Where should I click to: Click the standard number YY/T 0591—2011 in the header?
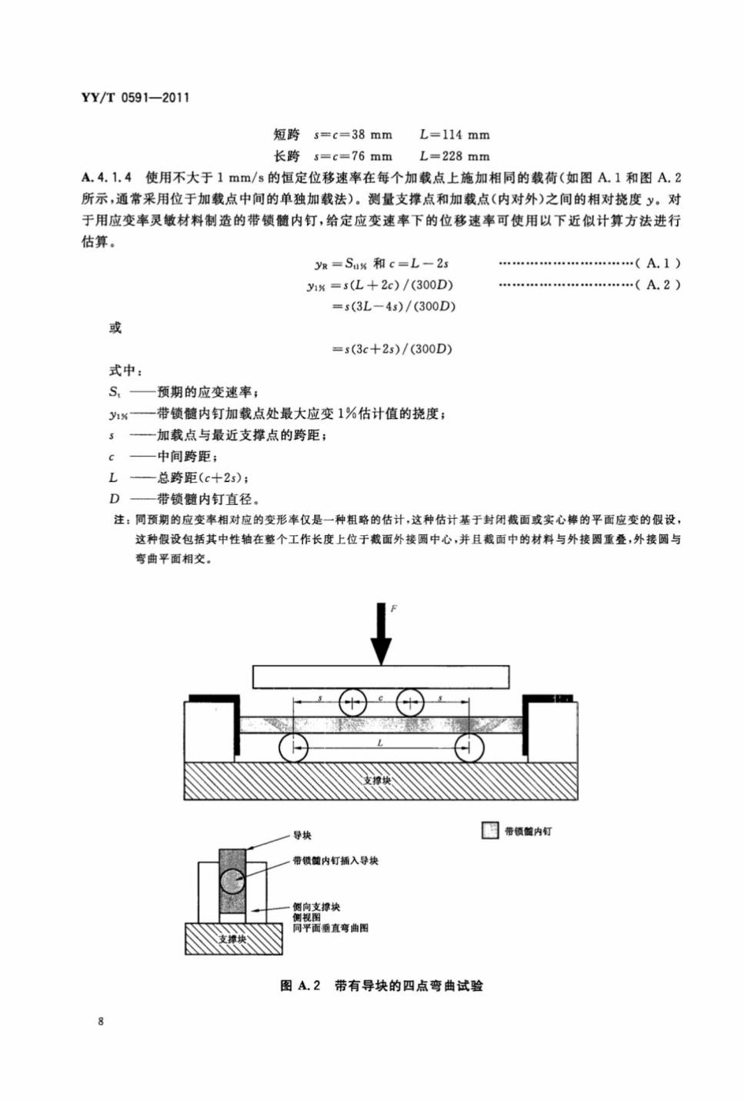pos(135,98)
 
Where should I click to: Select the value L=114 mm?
pos(455,135)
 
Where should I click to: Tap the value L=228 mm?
pos(455,156)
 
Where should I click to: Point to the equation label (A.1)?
pos(658,263)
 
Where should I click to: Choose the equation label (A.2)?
pos(658,284)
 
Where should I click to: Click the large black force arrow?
pos(381,633)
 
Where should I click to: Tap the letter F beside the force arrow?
pos(394,609)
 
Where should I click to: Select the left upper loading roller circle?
pos(352,702)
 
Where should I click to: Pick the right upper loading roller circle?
pos(410,702)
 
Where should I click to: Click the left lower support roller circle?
pos(293,748)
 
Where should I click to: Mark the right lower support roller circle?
pos(469,748)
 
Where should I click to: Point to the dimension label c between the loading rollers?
pos(381,698)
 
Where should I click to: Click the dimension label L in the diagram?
pos(380,743)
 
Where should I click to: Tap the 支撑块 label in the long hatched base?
pos(377,780)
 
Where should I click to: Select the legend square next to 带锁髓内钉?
pos(490,831)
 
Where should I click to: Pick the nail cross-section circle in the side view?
pos(232,882)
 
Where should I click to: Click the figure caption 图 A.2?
pos(300,986)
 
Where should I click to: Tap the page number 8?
pos(101,1022)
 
